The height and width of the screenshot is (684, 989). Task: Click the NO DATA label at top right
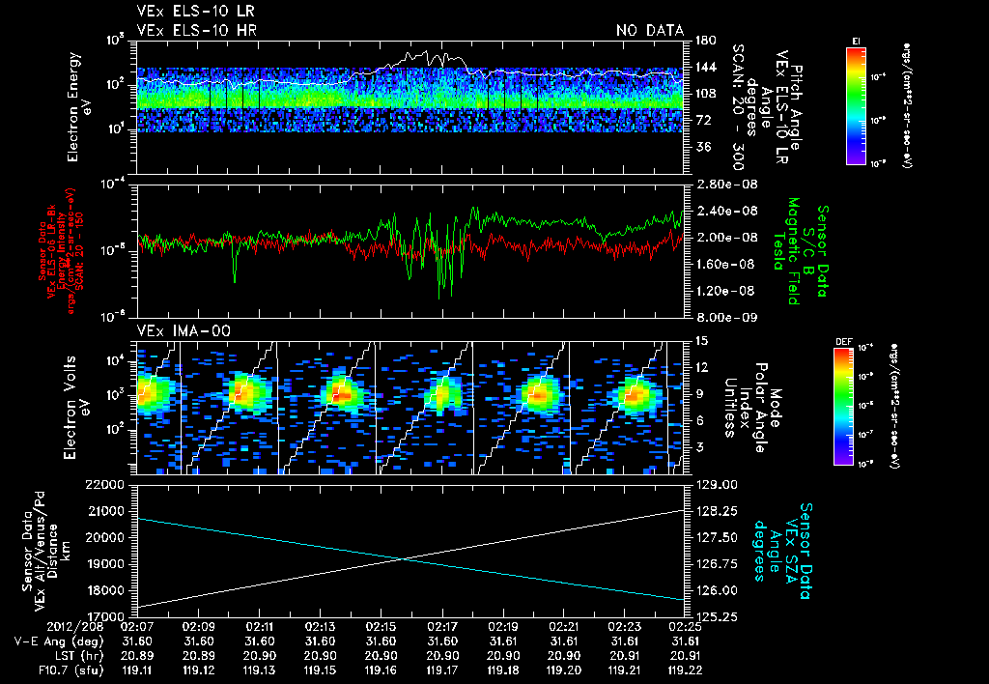650,30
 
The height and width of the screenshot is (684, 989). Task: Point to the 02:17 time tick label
441,626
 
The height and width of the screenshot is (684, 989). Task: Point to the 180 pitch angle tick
704,41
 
